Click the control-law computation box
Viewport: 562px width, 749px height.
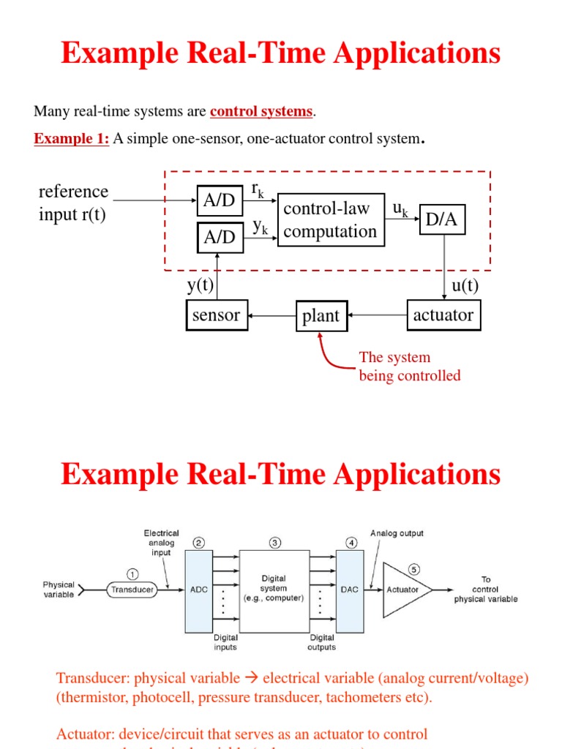point(331,220)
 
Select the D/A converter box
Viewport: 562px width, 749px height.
point(443,220)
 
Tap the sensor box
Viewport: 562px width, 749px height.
point(217,315)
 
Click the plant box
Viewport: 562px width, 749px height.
point(321,316)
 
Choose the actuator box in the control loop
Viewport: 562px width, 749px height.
point(443,315)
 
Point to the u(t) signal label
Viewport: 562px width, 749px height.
point(465,285)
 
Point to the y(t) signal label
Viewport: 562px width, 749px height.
point(200,285)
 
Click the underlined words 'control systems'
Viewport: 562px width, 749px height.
point(261,112)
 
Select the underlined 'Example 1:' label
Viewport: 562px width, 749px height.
point(71,139)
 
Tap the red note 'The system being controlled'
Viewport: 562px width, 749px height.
point(409,366)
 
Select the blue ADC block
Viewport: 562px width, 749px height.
point(198,591)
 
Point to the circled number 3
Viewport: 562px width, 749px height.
point(274,543)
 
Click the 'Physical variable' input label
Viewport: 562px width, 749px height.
point(59,590)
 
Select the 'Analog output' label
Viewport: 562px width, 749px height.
point(397,532)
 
